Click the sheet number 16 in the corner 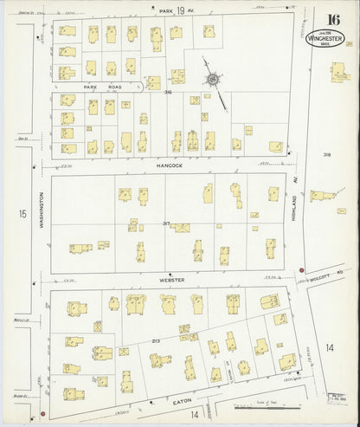pyautogui.click(x=332, y=20)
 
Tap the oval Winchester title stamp pyautogui.click(x=325, y=40)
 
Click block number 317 pyautogui.click(x=165, y=223)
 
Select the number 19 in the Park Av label pyautogui.click(x=180, y=10)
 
